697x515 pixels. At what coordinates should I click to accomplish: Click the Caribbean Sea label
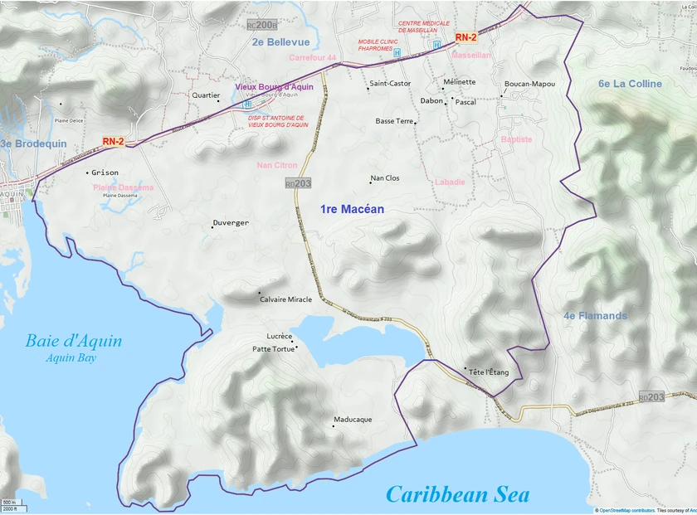(x=457, y=494)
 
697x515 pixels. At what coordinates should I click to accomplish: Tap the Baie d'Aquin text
(x=73, y=341)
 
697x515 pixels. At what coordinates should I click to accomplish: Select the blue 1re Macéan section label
(x=352, y=210)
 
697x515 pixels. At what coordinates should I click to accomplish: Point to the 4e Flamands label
(x=595, y=316)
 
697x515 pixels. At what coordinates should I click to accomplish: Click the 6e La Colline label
(x=630, y=84)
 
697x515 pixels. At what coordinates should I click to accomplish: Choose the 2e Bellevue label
(x=280, y=42)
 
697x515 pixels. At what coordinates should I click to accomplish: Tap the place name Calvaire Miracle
(x=285, y=299)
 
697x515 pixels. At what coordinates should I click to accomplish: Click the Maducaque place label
(x=352, y=420)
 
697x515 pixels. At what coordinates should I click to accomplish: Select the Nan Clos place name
(x=384, y=178)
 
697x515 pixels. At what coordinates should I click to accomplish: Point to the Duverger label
(x=231, y=223)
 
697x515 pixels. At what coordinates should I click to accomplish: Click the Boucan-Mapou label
(x=529, y=84)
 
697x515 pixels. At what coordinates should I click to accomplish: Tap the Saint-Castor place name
(x=390, y=84)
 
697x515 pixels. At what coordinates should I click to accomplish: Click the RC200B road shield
(x=262, y=25)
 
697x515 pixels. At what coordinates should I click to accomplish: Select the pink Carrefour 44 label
(x=313, y=58)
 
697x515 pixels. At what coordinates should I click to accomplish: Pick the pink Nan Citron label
(x=276, y=166)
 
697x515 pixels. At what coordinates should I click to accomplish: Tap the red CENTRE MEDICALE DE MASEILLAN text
(x=424, y=27)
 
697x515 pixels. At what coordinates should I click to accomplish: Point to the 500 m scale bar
(x=9, y=503)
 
